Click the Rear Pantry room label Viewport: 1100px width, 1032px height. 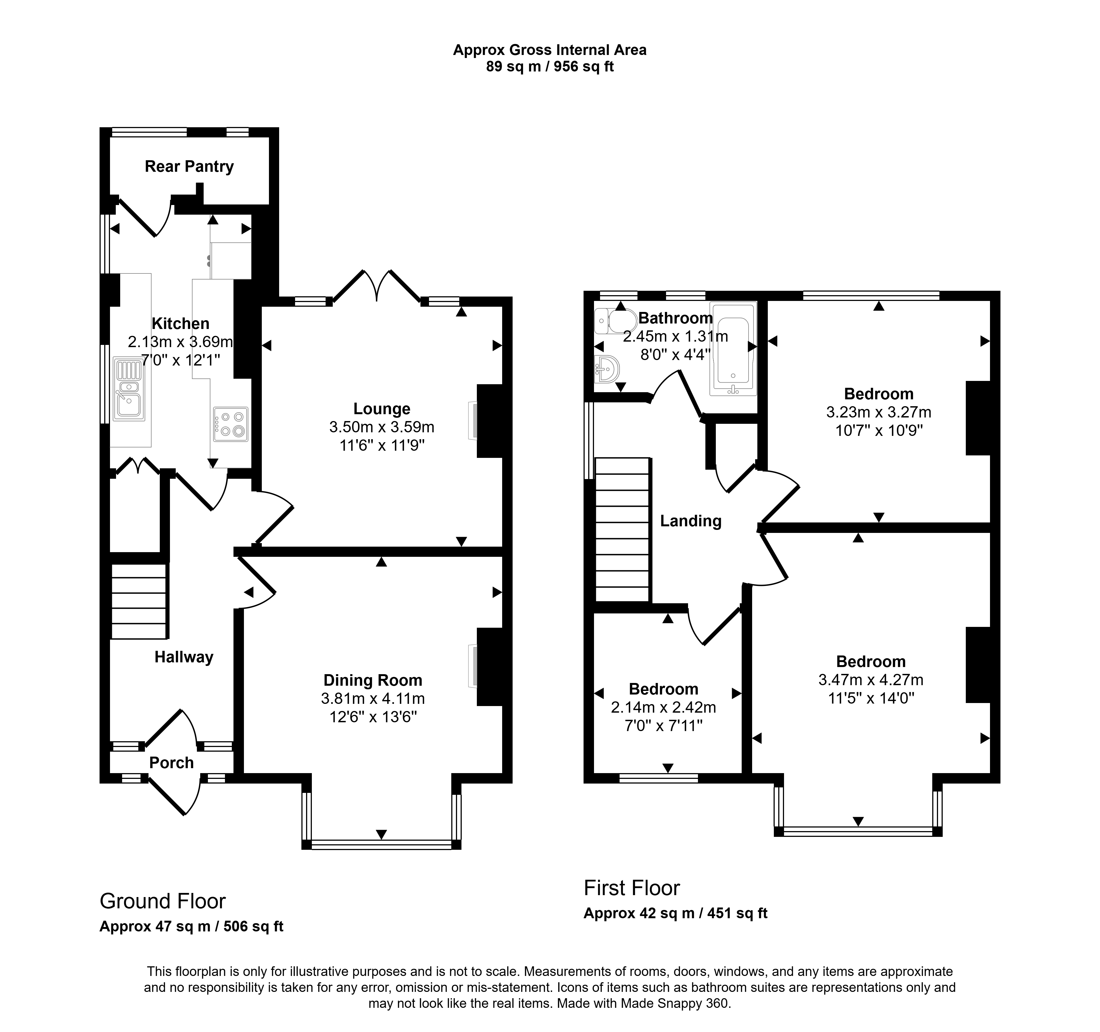coord(189,167)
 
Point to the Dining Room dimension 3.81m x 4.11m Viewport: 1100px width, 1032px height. coord(373,699)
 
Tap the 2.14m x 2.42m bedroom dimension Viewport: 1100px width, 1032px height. coord(663,707)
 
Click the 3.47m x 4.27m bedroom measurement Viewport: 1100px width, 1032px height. coord(871,680)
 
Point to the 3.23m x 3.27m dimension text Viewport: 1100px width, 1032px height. coord(879,412)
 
